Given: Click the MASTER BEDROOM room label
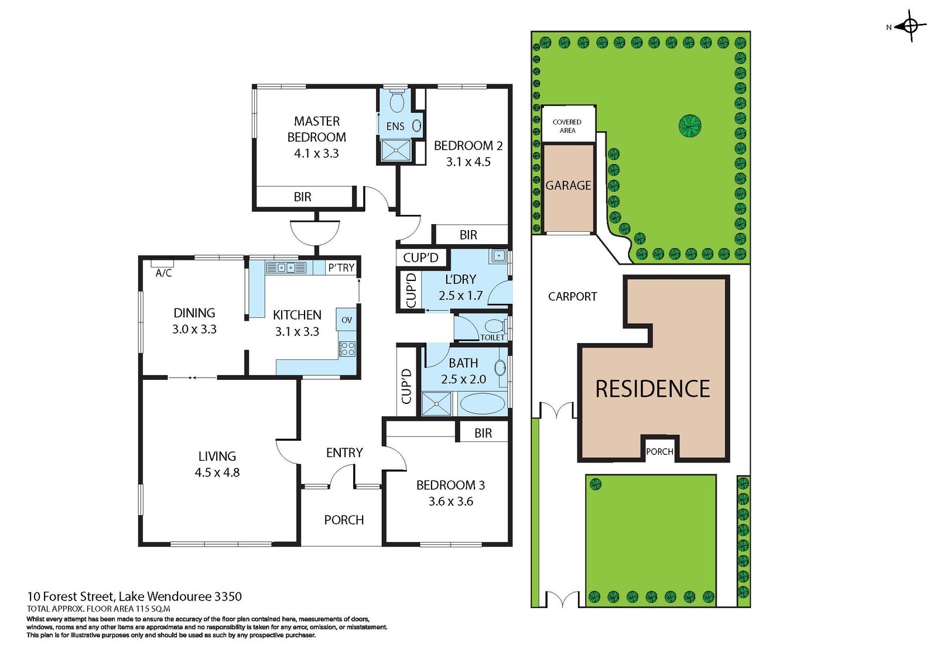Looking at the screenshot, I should [316, 129].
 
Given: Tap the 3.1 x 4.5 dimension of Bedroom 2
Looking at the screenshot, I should [468, 162].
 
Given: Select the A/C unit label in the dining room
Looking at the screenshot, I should [163, 273].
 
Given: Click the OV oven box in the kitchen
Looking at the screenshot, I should [346, 320].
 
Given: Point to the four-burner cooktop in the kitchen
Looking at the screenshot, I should [347, 349].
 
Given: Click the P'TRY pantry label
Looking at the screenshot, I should [341, 267].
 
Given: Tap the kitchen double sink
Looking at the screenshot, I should [286, 267].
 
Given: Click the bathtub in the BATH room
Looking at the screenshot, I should [481, 404].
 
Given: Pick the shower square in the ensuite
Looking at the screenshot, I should [396, 150].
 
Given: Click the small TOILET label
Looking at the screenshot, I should [492, 337].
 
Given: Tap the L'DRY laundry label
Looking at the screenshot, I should [460, 279].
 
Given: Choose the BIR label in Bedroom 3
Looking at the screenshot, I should [483, 433].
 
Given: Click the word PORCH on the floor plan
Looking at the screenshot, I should [344, 520].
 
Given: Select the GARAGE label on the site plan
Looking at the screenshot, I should [568, 186].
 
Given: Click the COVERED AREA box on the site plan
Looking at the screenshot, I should [567, 125].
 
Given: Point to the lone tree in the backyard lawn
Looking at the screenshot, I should [690, 125].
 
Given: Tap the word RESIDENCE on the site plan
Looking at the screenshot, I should [652, 389].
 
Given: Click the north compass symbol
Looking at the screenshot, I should [910, 26].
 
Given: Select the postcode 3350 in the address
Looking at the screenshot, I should [228, 596].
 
